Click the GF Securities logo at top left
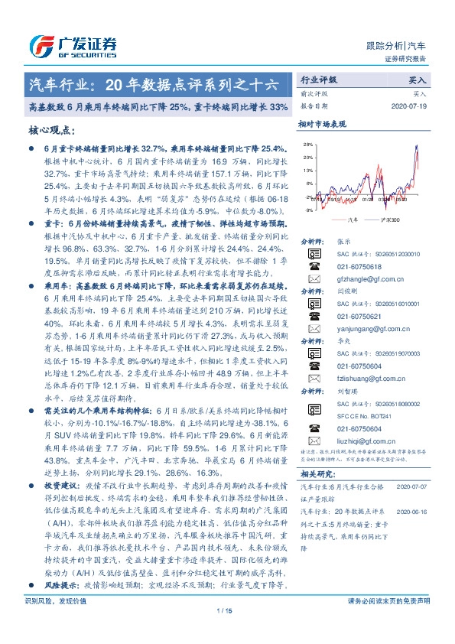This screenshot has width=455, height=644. (x=73, y=45)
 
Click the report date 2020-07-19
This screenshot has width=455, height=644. (x=414, y=106)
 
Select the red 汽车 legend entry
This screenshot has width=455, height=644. (x=352, y=219)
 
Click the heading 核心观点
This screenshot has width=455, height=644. (x=54, y=131)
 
